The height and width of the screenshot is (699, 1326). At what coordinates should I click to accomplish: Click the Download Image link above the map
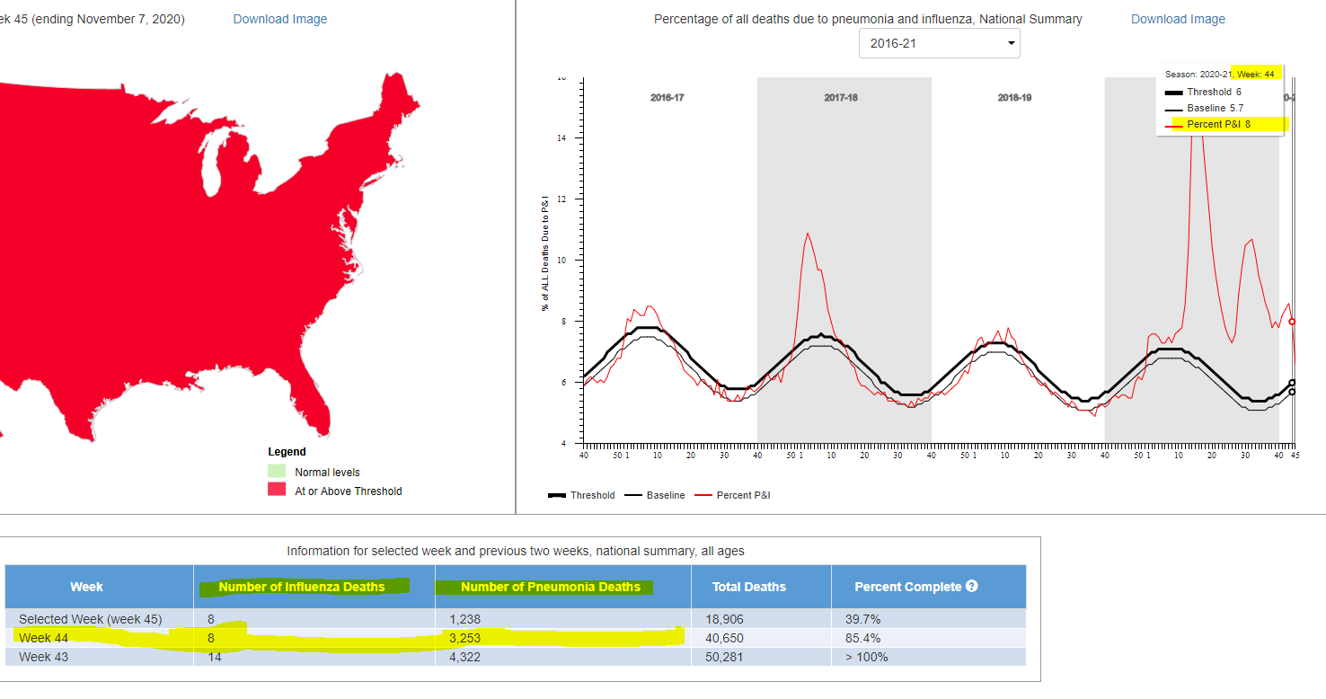pos(279,19)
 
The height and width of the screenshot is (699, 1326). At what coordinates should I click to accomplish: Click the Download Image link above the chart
pos(1178,19)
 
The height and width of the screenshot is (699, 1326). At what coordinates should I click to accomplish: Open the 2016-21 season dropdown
pos(939,43)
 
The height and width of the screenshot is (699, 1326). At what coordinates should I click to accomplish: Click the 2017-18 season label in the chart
pos(840,97)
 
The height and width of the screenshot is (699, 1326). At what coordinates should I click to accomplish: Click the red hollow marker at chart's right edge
pos(1292,321)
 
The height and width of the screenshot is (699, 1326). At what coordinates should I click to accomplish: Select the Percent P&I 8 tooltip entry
pos(1218,124)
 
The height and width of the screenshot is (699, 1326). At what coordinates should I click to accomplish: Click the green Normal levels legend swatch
pos(277,472)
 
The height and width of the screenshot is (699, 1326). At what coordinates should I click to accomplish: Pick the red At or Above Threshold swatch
pos(277,491)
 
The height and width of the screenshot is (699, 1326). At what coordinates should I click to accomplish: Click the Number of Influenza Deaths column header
pos(302,587)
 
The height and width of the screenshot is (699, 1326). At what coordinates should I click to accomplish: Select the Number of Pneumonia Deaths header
pos(550,587)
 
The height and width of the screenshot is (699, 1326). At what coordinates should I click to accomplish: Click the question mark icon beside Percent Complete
pos(971,586)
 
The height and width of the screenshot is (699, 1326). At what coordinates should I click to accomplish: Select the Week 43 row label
pos(43,657)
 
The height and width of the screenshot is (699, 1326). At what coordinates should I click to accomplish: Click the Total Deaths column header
pos(748,587)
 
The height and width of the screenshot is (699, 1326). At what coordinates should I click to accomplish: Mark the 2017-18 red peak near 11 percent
pos(808,234)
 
